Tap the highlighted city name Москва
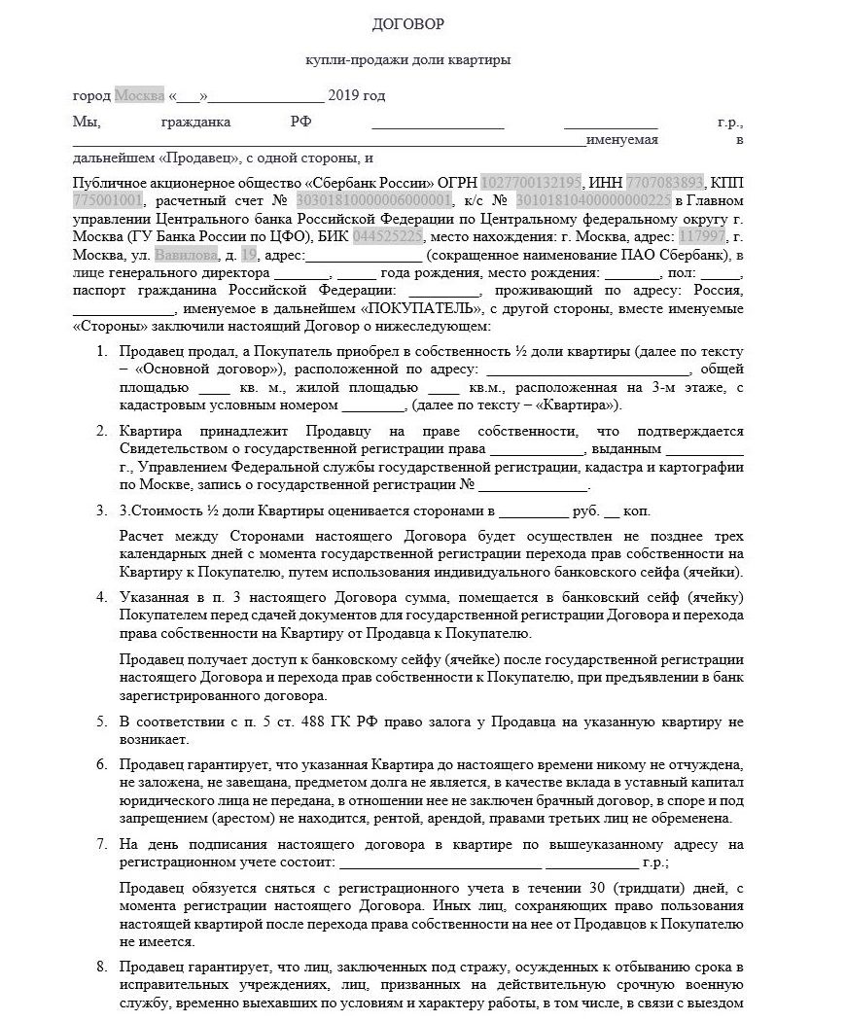(139, 95)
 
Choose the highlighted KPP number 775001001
(108, 200)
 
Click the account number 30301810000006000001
(374, 200)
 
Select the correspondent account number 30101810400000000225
(593, 200)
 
